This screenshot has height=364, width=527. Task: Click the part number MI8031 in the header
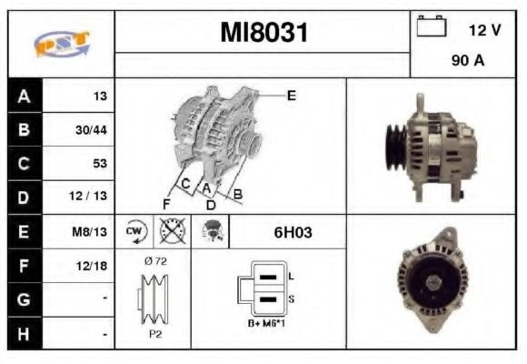coord(263,34)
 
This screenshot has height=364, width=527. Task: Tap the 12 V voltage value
coord(484,30)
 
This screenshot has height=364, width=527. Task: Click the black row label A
coord(25,96)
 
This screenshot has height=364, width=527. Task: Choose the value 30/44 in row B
coord(92,129)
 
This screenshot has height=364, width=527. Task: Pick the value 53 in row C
coord(99,164)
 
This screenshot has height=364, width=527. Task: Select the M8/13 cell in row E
coord(91,232)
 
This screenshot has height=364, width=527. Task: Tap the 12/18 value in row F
coord(92,267)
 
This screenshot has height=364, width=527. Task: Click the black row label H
coord(25,334)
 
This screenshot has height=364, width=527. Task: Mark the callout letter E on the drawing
coord(292,95)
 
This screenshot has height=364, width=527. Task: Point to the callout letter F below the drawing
coord(166,203)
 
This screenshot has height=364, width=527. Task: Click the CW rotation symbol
coord(134,232)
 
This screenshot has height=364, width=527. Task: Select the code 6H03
coord(293,232)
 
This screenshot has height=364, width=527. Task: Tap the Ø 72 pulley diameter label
coord(154,260)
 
